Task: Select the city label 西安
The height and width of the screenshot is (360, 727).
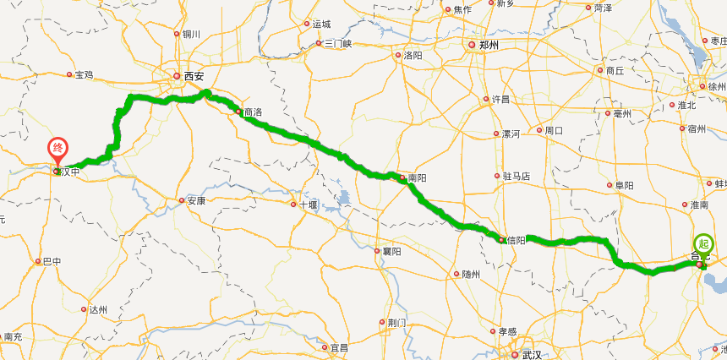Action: click(194, 76)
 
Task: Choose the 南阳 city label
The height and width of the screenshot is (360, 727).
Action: click(416, 178)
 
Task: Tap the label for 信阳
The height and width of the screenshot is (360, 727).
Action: click(517, 240)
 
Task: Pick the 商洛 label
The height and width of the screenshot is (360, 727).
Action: click(252, 112)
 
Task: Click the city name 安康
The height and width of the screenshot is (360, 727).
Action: click(196, 201)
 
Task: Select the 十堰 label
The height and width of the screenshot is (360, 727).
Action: click(308, 205)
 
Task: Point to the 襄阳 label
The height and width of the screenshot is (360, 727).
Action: click(391, 251)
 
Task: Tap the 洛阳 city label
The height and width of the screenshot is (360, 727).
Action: click(413, 56)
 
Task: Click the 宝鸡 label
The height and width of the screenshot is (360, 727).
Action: click(84, 75)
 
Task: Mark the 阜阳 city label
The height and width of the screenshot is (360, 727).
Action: click(625, 185)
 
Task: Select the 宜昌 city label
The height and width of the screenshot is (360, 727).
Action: click(339, 346)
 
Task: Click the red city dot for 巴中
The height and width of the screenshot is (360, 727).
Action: click(37, 262)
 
